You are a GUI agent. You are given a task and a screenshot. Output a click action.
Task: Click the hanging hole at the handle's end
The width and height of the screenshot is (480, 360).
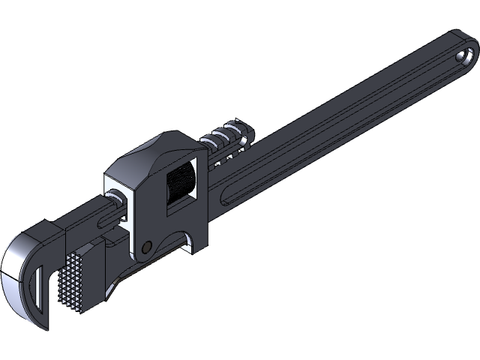466,55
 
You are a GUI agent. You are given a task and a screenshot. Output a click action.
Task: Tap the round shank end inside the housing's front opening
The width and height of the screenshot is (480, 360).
116,198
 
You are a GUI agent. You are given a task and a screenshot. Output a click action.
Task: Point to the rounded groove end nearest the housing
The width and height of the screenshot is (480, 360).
225,199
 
